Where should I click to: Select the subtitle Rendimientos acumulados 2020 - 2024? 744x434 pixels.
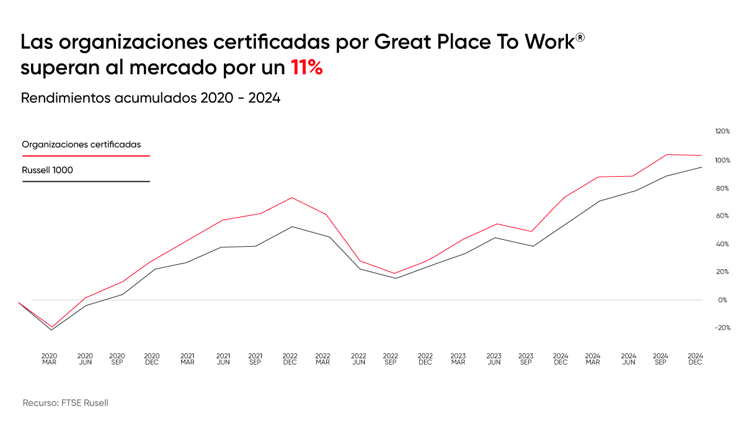pyautogui.click(x=151, y=98)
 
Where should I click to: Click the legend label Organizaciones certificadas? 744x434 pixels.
pyautogui.click(x=81, y=144)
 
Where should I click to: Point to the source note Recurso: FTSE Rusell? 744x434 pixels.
pyautogui.click(x=65, y=403)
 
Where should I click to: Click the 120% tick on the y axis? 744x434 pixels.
pyautogui.click(x=722, y=131)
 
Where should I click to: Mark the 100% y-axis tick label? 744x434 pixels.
pyautogui.click(x=722, y=161)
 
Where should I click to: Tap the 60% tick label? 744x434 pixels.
pyautogui.click(x=722, y=216)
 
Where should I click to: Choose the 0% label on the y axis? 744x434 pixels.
pyautogui.click(x=722, y=300)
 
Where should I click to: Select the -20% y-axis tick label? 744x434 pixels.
pyautogui.click(x=722, y=328)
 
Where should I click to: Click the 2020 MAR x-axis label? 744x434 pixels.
pyautogui.click(x=49, y=359)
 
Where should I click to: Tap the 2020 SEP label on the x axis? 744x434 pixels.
pyautogui.click(x=117, y=359)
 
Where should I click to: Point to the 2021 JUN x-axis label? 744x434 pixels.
pyautogui.click(x=223, y=359)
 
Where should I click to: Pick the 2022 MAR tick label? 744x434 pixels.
pyautogui.click(x=322, y=359)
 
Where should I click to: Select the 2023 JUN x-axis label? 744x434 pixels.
pyautogui.click(x=494, y=359)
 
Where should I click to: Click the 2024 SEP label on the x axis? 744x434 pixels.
pyautogui.click(x=660, y=359)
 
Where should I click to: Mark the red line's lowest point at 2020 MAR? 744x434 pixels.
pyautogui.click(x=51, y=327)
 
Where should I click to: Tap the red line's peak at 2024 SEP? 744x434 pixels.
pyautogui.click(x=667, y=155)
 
